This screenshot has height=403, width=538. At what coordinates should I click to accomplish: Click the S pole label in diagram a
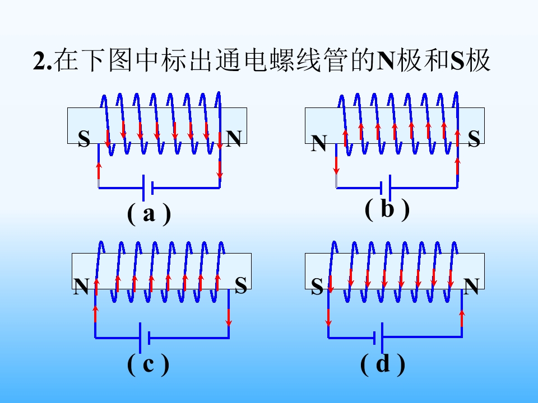[84, 139]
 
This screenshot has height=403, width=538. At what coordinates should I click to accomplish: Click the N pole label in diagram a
[234, 138]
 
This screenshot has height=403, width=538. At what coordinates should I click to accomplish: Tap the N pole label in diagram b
[319, 143]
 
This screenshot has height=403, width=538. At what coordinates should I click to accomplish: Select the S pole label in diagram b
[474, 139]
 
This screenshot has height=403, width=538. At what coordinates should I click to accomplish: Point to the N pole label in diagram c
[81, 287]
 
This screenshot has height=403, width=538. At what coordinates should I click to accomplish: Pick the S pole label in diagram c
[241, 285]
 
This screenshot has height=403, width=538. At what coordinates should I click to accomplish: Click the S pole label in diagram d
[317, 287]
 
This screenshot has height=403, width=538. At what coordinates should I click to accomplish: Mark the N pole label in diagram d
[471, 287]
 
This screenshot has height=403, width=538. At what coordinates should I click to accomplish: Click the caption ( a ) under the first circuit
[149, 214]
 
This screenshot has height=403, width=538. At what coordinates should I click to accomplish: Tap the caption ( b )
[387, 209]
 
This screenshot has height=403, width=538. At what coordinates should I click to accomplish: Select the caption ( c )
[148, 364]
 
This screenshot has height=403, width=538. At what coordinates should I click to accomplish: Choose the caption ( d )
[383, 364]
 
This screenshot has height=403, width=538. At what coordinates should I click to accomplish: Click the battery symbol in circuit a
[148, 188]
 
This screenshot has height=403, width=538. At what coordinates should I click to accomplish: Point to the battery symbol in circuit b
[386, 188]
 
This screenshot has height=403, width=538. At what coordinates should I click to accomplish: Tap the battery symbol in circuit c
[144, 338]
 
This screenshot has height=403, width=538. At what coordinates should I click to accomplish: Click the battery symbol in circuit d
[378, 338]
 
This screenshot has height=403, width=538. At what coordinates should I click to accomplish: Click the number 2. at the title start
[43, 62]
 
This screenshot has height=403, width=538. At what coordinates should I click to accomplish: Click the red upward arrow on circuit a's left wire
[99, 170]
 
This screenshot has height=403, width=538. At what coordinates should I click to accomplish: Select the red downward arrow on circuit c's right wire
[229, 318]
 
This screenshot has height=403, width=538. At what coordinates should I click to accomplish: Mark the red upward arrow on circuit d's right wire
[462, 318]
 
